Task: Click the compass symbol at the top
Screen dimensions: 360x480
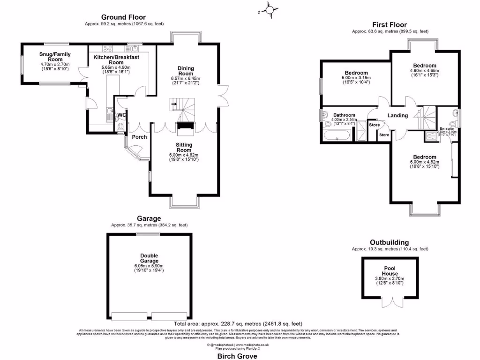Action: pyautogui.click(x=270, y=9)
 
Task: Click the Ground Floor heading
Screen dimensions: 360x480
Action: pyautogui.click(x=123, y=17)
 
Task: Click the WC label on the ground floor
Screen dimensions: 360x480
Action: pyautogui.click(x=121, y=115)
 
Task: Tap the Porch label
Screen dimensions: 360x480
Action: pyautogui.click(x=139, y=137)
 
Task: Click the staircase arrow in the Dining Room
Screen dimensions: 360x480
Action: pyautogui.click(x=174, y=104)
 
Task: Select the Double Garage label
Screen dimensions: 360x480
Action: pyautogui.click(x=149, y=258)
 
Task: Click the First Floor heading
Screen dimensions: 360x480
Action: pyautogui.click(x=390, y=25)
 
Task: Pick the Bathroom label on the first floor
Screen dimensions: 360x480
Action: pyautogui.click(x=344, y=115)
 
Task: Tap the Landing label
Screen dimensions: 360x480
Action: pyautogui.click(x=397, y=116)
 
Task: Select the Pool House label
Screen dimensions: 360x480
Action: pyautogui.click(x=390, y=271)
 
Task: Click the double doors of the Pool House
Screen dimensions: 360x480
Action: pyautogui.click(x=390, y=303)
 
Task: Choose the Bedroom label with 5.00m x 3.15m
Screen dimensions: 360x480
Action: pyautogui.click(x=356, y=73)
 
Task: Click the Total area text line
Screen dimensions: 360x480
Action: pyautogui.click(x=238, y=323)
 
